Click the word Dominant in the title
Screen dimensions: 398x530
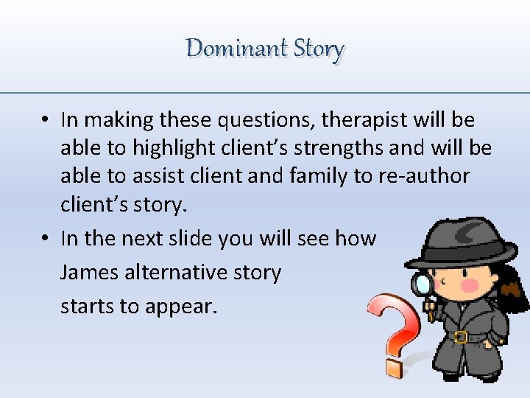tap(236, 49)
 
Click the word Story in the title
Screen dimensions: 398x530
tap(319, 49)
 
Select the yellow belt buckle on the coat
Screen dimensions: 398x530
tap(461, 337)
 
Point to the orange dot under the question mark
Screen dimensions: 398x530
tap(394, 366)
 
